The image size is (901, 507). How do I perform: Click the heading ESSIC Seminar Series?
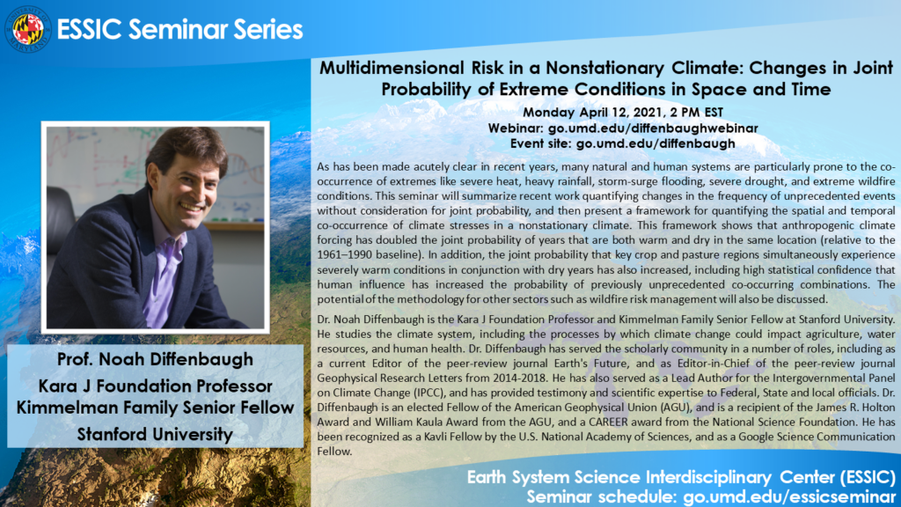point(180,29)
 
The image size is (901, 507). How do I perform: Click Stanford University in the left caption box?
point(155,434)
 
